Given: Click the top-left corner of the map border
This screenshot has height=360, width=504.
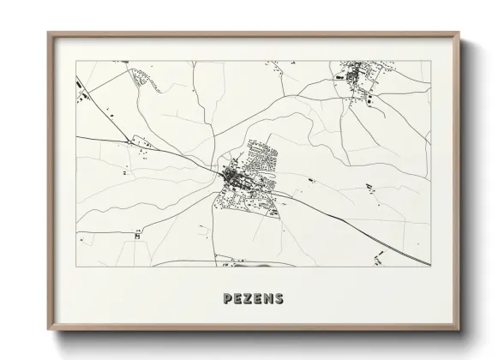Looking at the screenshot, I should pos(75,61).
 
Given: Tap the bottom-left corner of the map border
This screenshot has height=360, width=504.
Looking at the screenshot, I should pos(75,267).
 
